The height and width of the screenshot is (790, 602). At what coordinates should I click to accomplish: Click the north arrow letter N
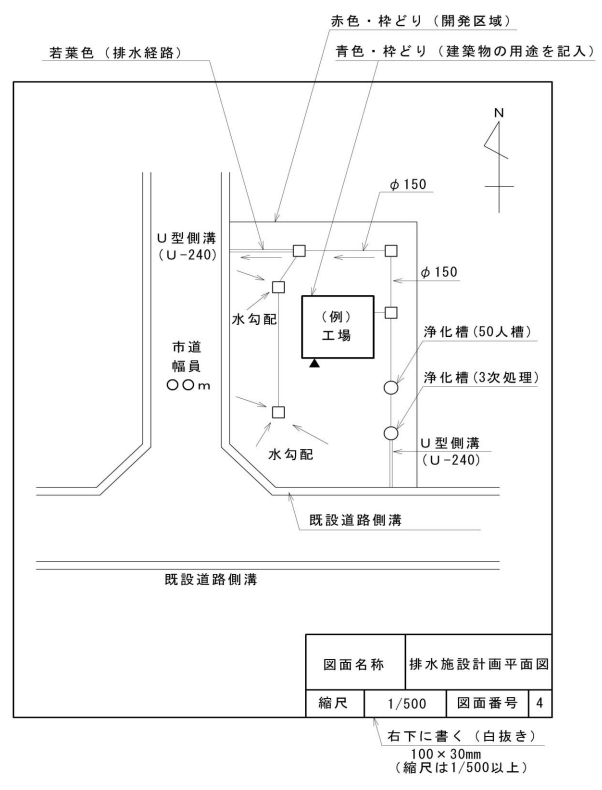click(x=499, y=113)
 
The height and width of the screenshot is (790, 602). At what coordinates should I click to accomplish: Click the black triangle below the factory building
click(x=314, y=363)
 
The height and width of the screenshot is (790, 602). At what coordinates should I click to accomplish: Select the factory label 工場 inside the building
click(x=337, y=335)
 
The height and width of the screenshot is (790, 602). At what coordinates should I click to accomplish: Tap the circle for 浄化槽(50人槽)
click(x=391, y=387)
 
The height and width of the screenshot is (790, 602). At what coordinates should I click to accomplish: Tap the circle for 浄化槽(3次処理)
click(x=391, y=433)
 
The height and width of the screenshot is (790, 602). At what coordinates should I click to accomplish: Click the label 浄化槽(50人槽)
click(x=477, y=332)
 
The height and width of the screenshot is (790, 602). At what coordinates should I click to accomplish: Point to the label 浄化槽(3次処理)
click(x=481, y=377)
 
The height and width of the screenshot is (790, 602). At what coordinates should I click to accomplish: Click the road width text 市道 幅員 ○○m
click(x=188, y=366)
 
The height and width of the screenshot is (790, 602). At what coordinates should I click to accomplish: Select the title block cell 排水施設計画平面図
click(x=478, y=664)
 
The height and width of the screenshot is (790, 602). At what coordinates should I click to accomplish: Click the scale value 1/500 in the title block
click(x=406, y=703)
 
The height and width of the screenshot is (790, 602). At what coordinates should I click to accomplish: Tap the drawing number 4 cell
click(x=540, y=703)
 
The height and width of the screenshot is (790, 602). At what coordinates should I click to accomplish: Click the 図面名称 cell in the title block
click(x=355, y=664)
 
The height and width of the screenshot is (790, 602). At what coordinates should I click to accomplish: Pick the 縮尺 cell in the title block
click(x=335, y=703)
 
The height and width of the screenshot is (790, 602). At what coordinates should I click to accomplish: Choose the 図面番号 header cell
click(x=487, y=703)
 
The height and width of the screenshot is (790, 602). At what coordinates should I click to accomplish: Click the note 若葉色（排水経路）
click(x=115, y=52)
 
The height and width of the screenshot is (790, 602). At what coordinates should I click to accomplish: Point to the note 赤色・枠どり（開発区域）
click(x=421, y=21)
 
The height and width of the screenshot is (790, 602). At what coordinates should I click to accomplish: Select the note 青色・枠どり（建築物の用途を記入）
click(x=466, y=51)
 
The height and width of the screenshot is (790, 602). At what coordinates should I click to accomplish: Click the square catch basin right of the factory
click(x=391, y=312)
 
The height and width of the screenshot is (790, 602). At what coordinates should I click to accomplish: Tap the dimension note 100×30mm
click(x=446, y=754)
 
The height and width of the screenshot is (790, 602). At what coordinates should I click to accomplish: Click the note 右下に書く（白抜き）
click(x=460, y=736)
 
